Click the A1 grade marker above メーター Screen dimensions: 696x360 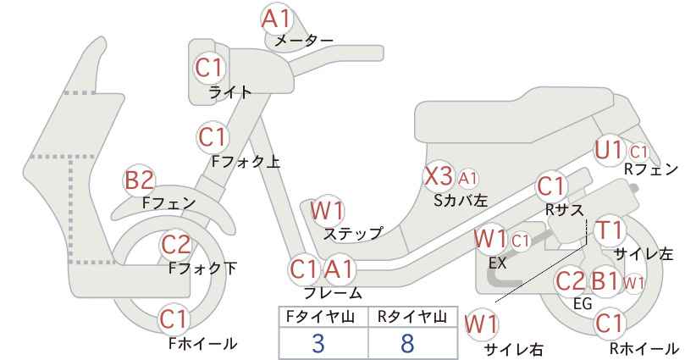coord(276,19)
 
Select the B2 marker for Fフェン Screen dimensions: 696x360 coord(139,180)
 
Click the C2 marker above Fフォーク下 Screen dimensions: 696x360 coord(176,245)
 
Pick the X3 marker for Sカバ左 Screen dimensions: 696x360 coord(438,177)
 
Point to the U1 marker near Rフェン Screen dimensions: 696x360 coord(610,151)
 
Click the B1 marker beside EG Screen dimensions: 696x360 coord(605,281)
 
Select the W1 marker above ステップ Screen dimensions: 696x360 coord(328,211)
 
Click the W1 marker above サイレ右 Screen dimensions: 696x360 coord(481,325)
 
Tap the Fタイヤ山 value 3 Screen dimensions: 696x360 coord(318,343)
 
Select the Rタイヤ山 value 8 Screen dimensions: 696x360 coord(406,343)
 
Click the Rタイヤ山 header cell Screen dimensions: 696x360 coord(413,317)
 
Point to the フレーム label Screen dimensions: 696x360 coord(333,293)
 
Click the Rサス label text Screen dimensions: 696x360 coord(565,210)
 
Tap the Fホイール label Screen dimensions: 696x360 coord(202,344)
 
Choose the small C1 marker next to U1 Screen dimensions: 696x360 coord(638,152)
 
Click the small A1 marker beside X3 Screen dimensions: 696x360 coord(468,178)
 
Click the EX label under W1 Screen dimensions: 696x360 coord(497,263)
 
